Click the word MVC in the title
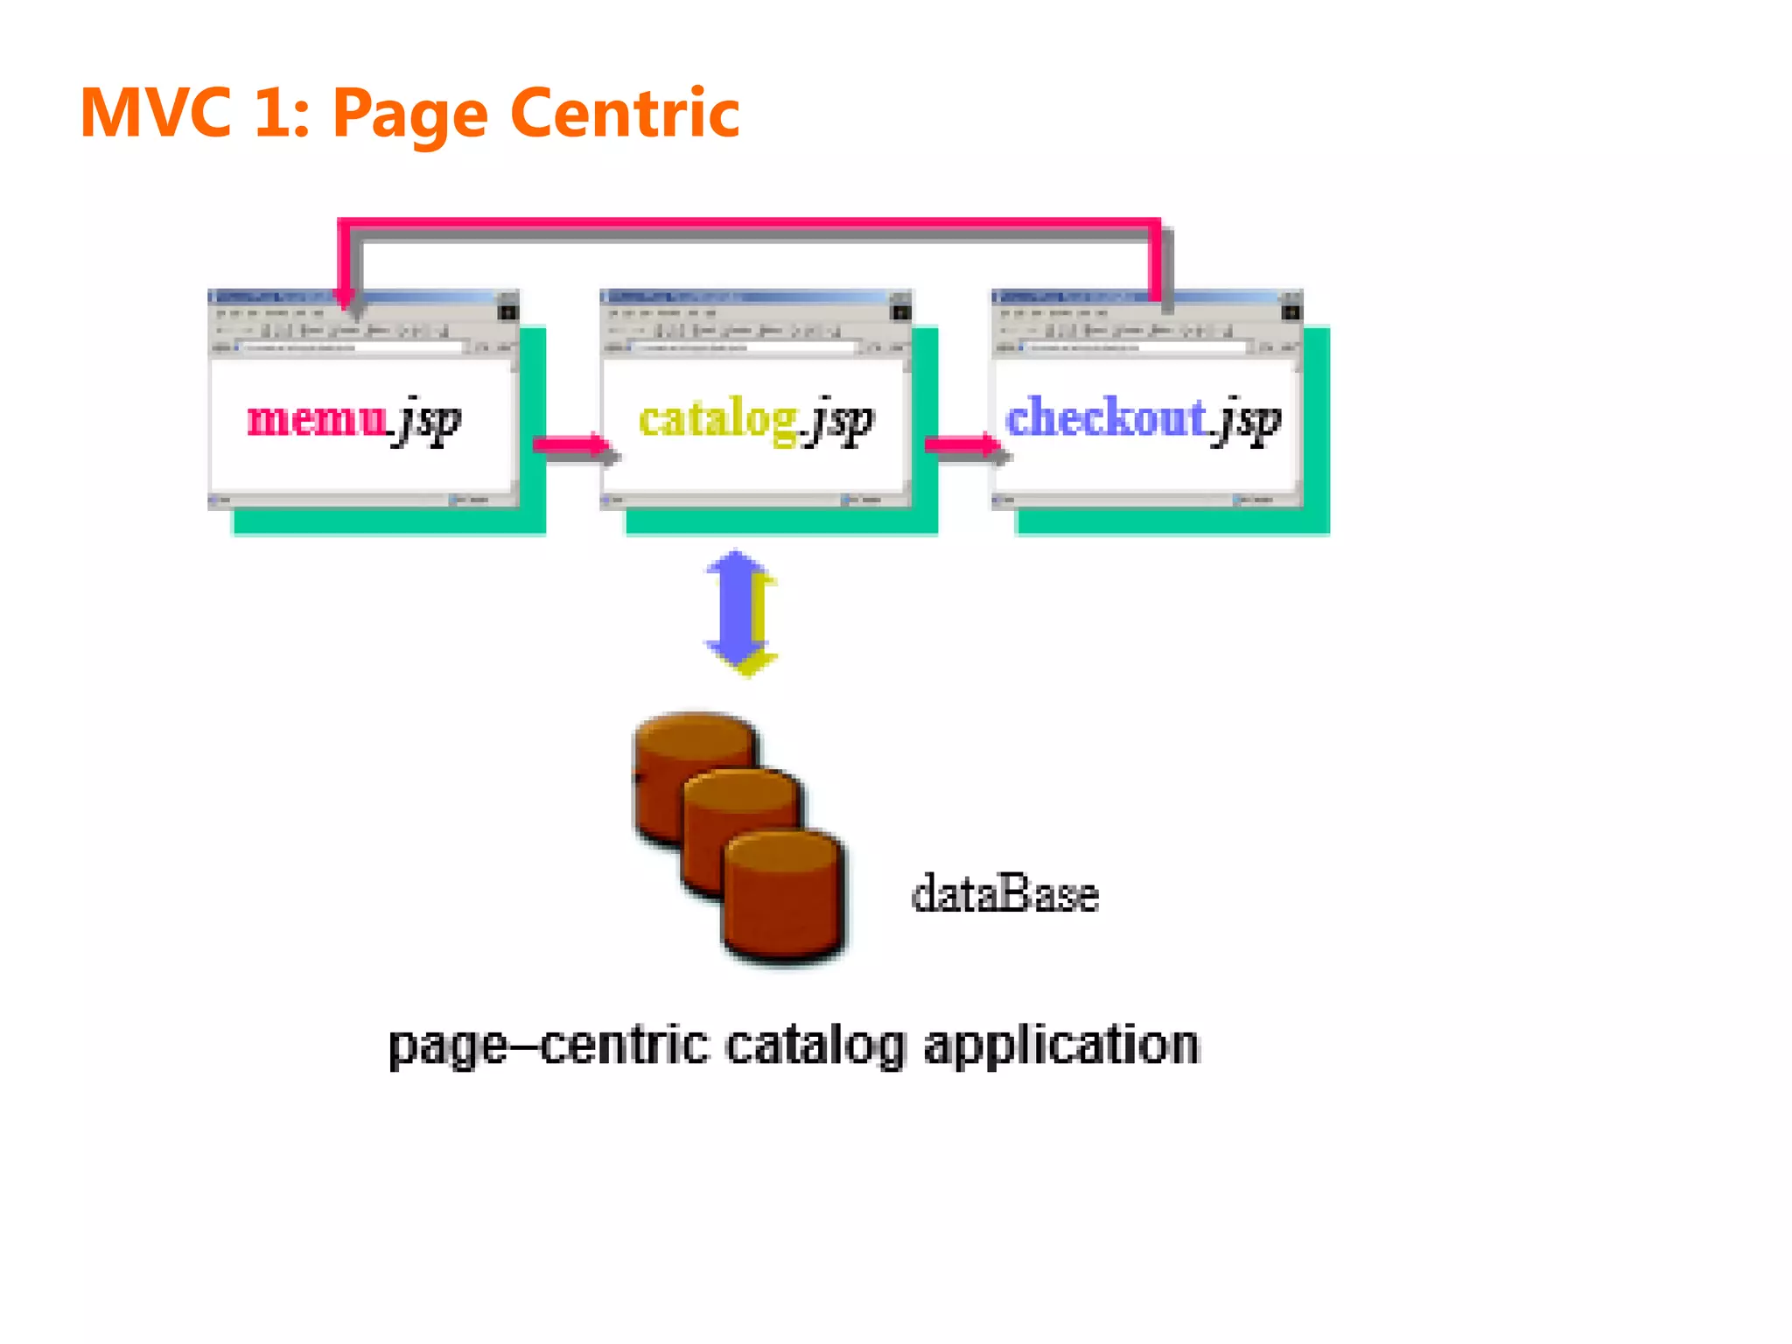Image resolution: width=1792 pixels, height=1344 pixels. pyautogui.click(x=156, y=113)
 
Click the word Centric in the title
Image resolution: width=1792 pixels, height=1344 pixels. pyautogui.click(x=625, y=113)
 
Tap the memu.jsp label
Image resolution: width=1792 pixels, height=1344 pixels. pyautogui.click(x=353, y=419)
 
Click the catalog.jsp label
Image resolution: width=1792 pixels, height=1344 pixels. pyautogui.click(x=755, y=419)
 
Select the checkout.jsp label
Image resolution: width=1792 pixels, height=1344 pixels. pyautogui.click(x=1143, y=419)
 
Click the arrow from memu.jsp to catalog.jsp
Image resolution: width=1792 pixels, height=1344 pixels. pyautogui.click(x=573, y=447)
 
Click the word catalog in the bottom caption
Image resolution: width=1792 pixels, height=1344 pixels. pyautogui.click(x=815, y=1046)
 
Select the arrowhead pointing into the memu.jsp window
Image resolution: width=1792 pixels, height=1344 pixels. pyautogui.click(x=346, y=297)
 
